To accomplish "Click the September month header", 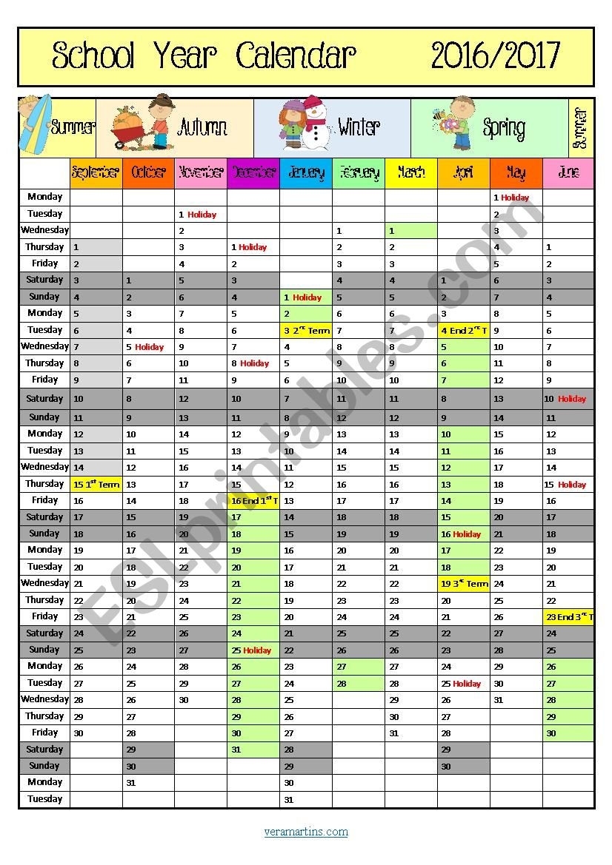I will click(x=96, y=173).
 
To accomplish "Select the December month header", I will click(x=253, y=173).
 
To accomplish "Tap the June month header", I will click(x=568, y=173).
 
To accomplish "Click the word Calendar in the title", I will click(x=296, y=55).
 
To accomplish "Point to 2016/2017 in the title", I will click(x=496, y=55).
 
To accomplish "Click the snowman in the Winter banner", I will click(x=317, y=122).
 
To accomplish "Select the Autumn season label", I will click(x=202, y=127).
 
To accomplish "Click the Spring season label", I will click(x=504, y=127).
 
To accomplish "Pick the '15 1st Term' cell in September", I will click(x=96, y=485).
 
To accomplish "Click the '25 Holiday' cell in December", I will click(x=253, y=650).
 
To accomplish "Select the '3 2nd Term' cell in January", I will click(x=306, y=331).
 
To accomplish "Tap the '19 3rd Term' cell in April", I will click(x=464, y=584).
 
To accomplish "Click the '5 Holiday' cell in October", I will click(x=148, y=347).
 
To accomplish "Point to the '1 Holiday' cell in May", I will click(x=516, y=198).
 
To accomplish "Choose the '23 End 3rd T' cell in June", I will click(x=568, y=617).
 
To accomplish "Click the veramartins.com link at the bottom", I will click(x=306, y=832).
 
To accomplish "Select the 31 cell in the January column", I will click(x=306, y=800).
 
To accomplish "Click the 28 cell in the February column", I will click(x=359, y=684).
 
